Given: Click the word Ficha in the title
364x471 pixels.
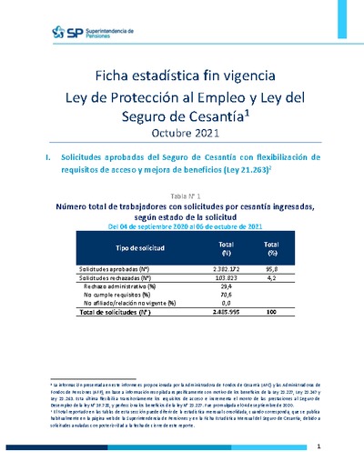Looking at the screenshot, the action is tap(118, 76).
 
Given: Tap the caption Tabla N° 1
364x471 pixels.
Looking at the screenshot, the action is tap(186, 195).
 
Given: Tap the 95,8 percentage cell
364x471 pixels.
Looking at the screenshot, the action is tap(271, 270).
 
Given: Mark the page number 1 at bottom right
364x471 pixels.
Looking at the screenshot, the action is tap(318, 447).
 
